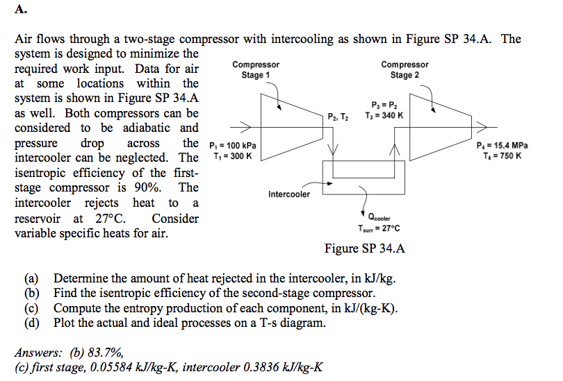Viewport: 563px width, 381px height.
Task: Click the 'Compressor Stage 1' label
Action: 256,70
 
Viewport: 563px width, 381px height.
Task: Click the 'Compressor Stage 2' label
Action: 405,70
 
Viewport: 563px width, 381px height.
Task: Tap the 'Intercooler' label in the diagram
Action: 289,194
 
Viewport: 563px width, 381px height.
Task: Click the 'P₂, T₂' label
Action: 339,115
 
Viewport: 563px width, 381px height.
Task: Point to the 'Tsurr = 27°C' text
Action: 378,228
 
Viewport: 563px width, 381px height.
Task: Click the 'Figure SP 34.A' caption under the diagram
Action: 364,248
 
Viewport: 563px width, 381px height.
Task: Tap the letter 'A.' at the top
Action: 20,10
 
